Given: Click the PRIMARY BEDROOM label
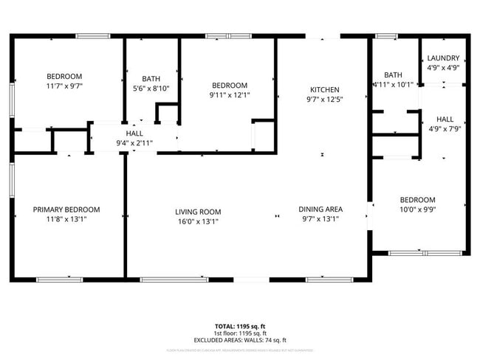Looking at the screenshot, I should coord(66,210).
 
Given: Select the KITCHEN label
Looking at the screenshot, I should coord(324,89).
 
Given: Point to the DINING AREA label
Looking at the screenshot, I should coord(320,209).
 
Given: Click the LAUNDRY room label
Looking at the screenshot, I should coord(443,58).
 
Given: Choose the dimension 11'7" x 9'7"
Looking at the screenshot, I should coord(64,86).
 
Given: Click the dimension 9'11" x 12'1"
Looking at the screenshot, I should coord(229,94).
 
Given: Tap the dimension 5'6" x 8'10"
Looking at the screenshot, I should coord(151,89).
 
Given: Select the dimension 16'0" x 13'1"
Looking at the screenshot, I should coord(198,221).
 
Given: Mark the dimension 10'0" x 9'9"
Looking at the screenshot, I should coord(417,210).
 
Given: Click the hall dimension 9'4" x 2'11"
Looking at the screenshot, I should coord(134,143).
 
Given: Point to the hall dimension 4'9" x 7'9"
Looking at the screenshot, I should coord(445,129).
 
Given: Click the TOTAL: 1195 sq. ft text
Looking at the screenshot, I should coord(239,325).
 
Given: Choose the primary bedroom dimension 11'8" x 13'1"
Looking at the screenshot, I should coord(66,219).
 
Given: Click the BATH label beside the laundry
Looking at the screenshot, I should coord(393,75).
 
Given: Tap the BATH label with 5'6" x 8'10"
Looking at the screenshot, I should coord(151,78).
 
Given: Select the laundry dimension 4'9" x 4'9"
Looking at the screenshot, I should coord(443,67).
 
